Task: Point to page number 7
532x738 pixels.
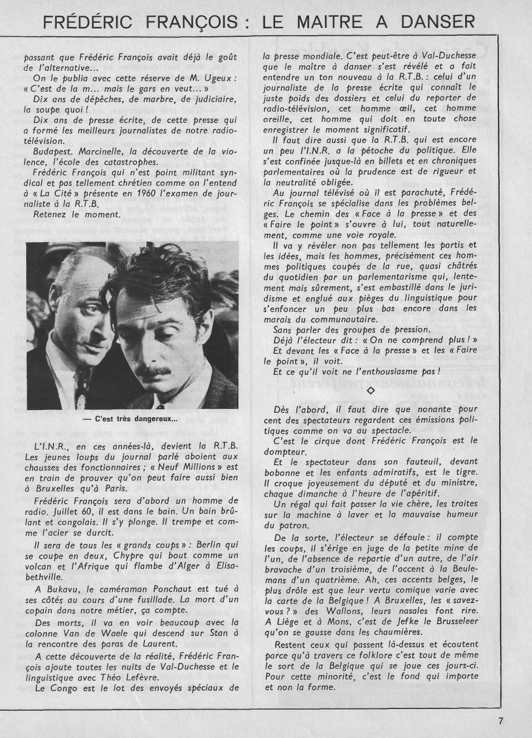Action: pos(501,720)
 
